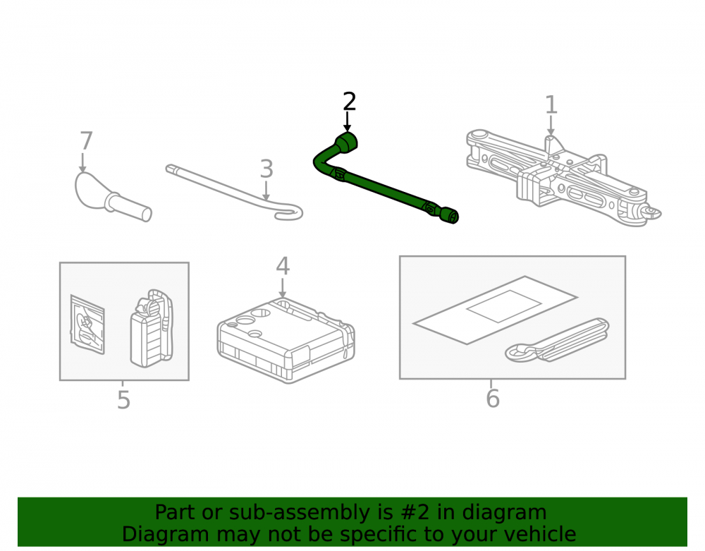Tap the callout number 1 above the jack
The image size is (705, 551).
(x=551, y=105)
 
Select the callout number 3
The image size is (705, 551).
(x=266, y=169)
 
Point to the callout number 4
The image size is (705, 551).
(x=283, y=266)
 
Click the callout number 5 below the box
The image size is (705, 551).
(x=123, y=400)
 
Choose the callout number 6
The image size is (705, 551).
(x=493, y=399)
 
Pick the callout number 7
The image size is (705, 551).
(x=86, y=141)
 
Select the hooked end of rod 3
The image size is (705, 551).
(x=290, y=214)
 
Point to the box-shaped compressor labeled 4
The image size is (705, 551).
(x=286, y=339)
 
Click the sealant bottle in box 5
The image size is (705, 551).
(x=152, y=328)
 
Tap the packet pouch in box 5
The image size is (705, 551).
(x=87, y=325)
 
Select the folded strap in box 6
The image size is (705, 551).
(x=557, y=341)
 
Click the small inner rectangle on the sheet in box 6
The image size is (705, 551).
(x=504, y=306)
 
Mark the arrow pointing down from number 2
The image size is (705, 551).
(x=347, y=121)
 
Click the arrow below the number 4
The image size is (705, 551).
(x=283, y=288)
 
